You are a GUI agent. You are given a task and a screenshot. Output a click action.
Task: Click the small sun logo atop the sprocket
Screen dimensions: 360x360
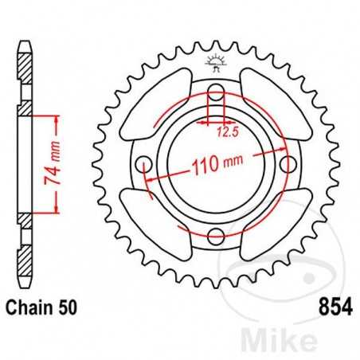215,61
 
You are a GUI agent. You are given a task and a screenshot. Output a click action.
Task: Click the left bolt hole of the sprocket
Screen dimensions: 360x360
145,165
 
